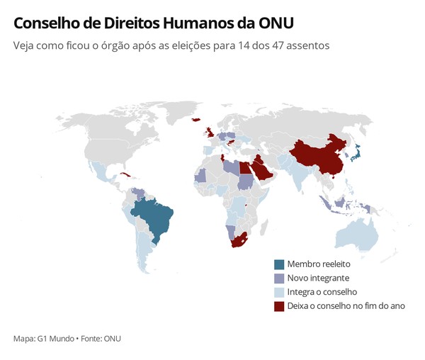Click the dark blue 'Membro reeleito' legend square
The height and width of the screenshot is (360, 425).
[x=279, y=264]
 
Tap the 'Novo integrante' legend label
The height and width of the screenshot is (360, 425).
[x=318, y=278]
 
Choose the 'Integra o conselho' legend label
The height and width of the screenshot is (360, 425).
[x=322, y=292]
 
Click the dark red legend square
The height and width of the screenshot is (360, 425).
[x=279, y=306]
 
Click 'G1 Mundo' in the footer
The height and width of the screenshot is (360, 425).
[x=55, y=339]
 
